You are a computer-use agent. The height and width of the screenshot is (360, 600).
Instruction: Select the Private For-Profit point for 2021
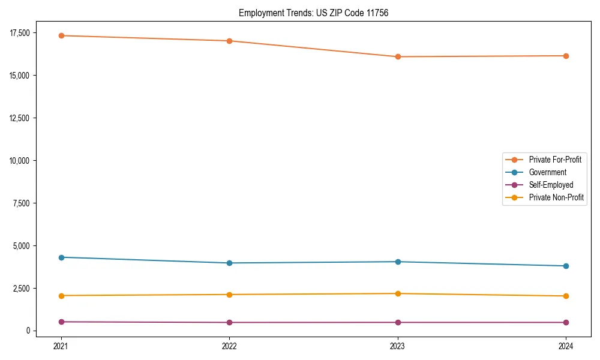[x=61, y=35]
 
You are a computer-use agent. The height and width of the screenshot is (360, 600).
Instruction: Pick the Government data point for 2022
[x=230, y=263]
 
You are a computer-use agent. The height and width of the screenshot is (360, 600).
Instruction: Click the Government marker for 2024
[x=566, y=266]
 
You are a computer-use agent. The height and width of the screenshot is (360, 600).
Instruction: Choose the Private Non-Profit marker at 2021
[x=61, y=295]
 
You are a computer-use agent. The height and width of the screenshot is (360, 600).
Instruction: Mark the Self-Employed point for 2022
[x=230, y=322]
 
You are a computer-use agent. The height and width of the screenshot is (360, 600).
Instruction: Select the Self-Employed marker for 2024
[x=566, y=322]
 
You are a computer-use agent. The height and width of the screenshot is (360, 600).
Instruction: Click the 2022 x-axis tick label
[x=230, y=346]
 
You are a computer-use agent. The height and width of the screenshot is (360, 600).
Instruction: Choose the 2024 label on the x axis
[x=566, y=346]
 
